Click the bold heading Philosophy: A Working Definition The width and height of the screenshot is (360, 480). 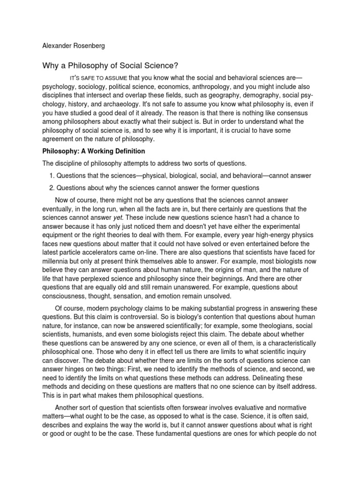click(x=94, y=151)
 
